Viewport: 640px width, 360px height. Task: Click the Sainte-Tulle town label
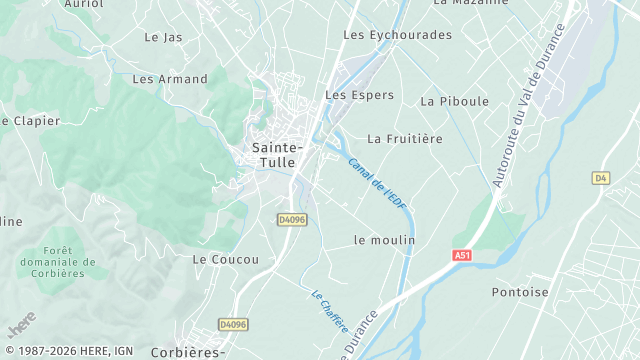274,155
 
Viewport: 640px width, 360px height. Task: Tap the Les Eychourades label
397,35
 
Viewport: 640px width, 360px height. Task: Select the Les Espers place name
359,96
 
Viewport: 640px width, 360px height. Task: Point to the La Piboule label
455,101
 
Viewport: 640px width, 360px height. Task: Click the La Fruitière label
405,139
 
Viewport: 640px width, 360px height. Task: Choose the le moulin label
384,240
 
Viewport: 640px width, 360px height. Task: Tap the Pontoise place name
520,292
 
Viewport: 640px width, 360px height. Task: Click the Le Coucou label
225,259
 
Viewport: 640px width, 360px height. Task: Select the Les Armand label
170,79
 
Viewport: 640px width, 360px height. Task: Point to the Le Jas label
163,37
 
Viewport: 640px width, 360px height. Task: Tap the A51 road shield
461,255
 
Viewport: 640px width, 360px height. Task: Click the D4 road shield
600,178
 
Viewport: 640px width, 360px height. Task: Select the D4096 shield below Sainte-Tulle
292,219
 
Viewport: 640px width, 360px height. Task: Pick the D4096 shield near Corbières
232,324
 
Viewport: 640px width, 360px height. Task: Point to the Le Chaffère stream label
329,311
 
